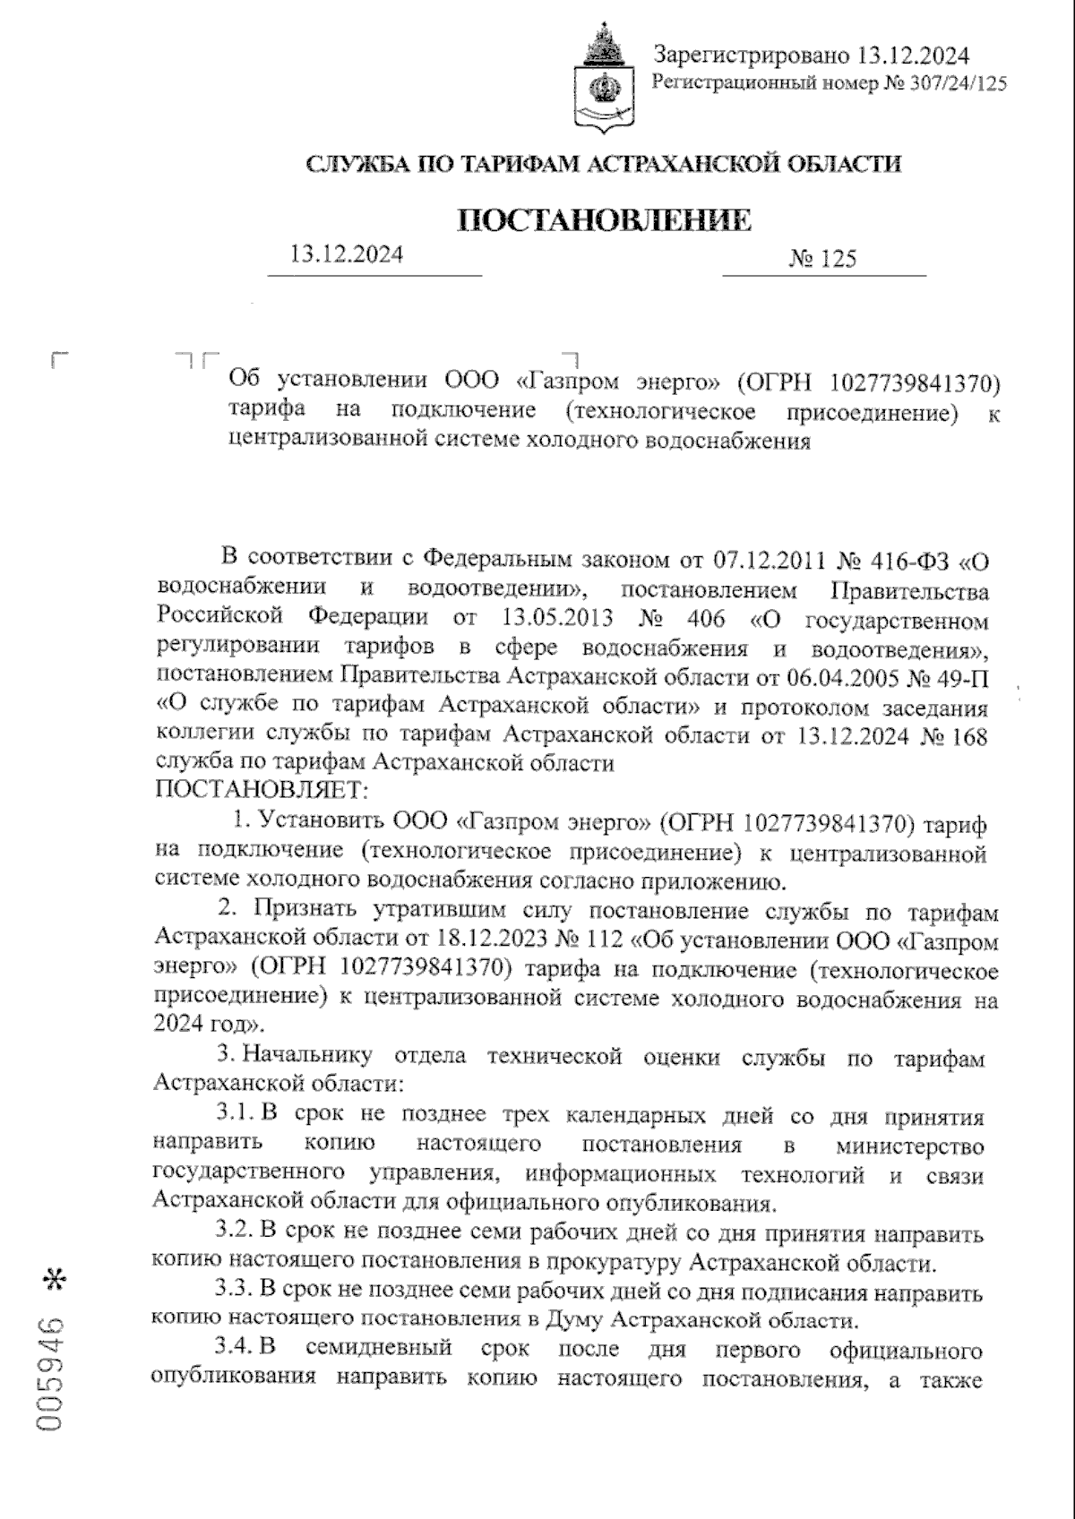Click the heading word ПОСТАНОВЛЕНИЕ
[x=605, y=220]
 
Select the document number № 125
[x=822, y=260]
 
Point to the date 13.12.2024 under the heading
[x=347, y=254]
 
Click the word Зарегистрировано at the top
[x=751, y=56]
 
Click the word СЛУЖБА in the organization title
[x=357, y=164]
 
